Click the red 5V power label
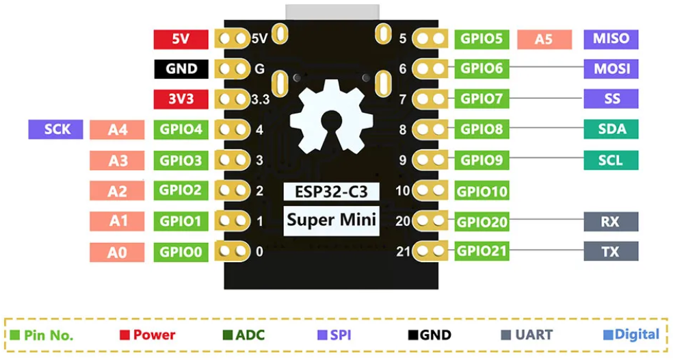181,39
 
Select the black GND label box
181,68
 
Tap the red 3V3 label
181,99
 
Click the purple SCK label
55,129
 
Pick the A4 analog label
117,129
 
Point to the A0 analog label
117,253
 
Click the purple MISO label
611,38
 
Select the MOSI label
611,68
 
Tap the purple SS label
611,99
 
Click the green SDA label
611,129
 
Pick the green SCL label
611,159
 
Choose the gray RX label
611,221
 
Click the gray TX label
611,251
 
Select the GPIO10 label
482,191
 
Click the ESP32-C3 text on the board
332,191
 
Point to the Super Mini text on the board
332,220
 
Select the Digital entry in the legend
631,334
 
